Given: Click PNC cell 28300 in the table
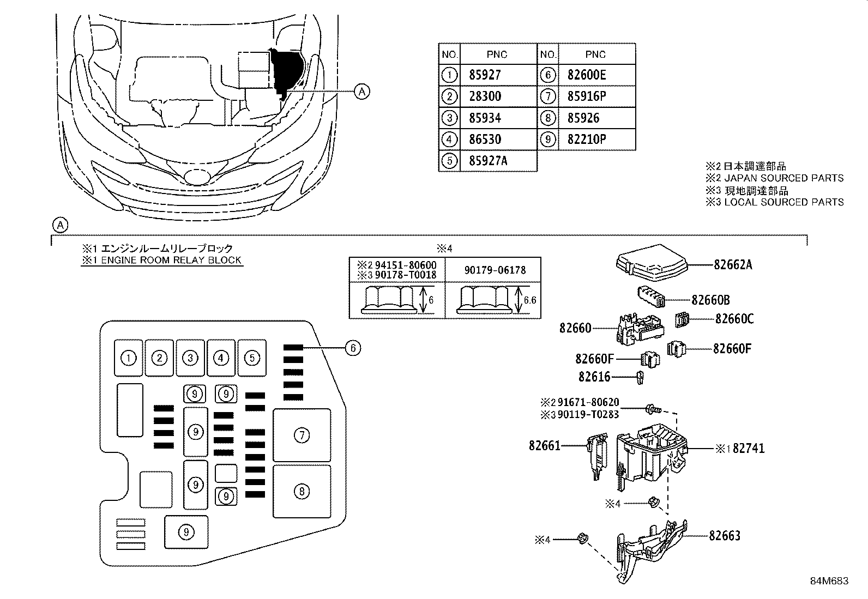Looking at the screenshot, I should click(x=485, y=96).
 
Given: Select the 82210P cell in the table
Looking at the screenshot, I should click(x=586, y=140).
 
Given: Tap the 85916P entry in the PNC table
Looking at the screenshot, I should click(x=586, y=96).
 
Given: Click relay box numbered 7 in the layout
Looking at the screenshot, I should click(x=302, y=435).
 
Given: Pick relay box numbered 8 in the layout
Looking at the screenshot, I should click(x=302, y=492).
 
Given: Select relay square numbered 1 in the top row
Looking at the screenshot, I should click(x=129, y=358).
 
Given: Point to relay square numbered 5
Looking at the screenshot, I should click(x=252, y=358).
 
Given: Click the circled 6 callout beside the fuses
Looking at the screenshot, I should click(x=353, y=348).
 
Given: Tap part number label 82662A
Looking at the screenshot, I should click(x=733, y=265).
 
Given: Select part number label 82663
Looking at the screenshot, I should click(x=725, y=536).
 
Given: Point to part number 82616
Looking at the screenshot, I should click(x=594, y=377).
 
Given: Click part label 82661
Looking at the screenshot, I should click(x=544, y=445).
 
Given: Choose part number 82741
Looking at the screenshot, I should click(x=749, y=449).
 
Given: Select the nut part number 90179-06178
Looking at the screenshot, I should click(x=495, y=270).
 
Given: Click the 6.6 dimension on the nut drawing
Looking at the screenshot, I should click(x=529, y=300).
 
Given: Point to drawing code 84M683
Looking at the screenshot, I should click(x=829, y=581).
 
